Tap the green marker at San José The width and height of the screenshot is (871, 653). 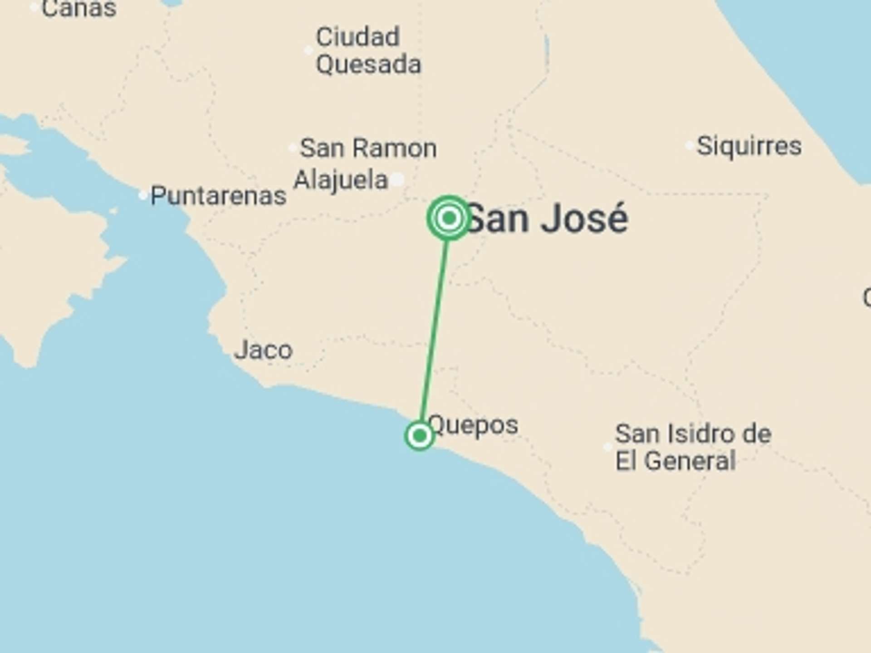[x=449, y=218]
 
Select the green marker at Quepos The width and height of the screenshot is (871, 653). [x=420, y=435]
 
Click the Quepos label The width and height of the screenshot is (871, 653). [x=473, y=425]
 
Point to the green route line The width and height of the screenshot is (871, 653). [x=434, y=326]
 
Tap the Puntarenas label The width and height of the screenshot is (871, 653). [x=218, y=196]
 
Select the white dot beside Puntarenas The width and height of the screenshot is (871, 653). [x=143, y=195]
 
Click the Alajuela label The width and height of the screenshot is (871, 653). [x=341, y=180]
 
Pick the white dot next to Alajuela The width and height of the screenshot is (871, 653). [x=398, y=180]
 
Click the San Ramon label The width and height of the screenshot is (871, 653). [x=368, y=148]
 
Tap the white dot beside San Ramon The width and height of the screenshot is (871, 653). [x=293, y=148]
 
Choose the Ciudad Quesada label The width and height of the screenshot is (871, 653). [x=368, y=50]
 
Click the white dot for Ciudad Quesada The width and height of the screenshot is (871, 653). [x=308, y=50]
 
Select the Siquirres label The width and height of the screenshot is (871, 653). [x=749, y=146]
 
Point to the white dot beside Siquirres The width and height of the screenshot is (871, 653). [x=690, y=146]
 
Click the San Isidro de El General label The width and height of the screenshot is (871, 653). [x=693, y=447]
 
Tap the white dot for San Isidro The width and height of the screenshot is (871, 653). [x=608, y=447]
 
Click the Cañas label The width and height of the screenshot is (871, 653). [x=79, y=8]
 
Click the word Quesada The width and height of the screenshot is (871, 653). [x=368, y=64]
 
